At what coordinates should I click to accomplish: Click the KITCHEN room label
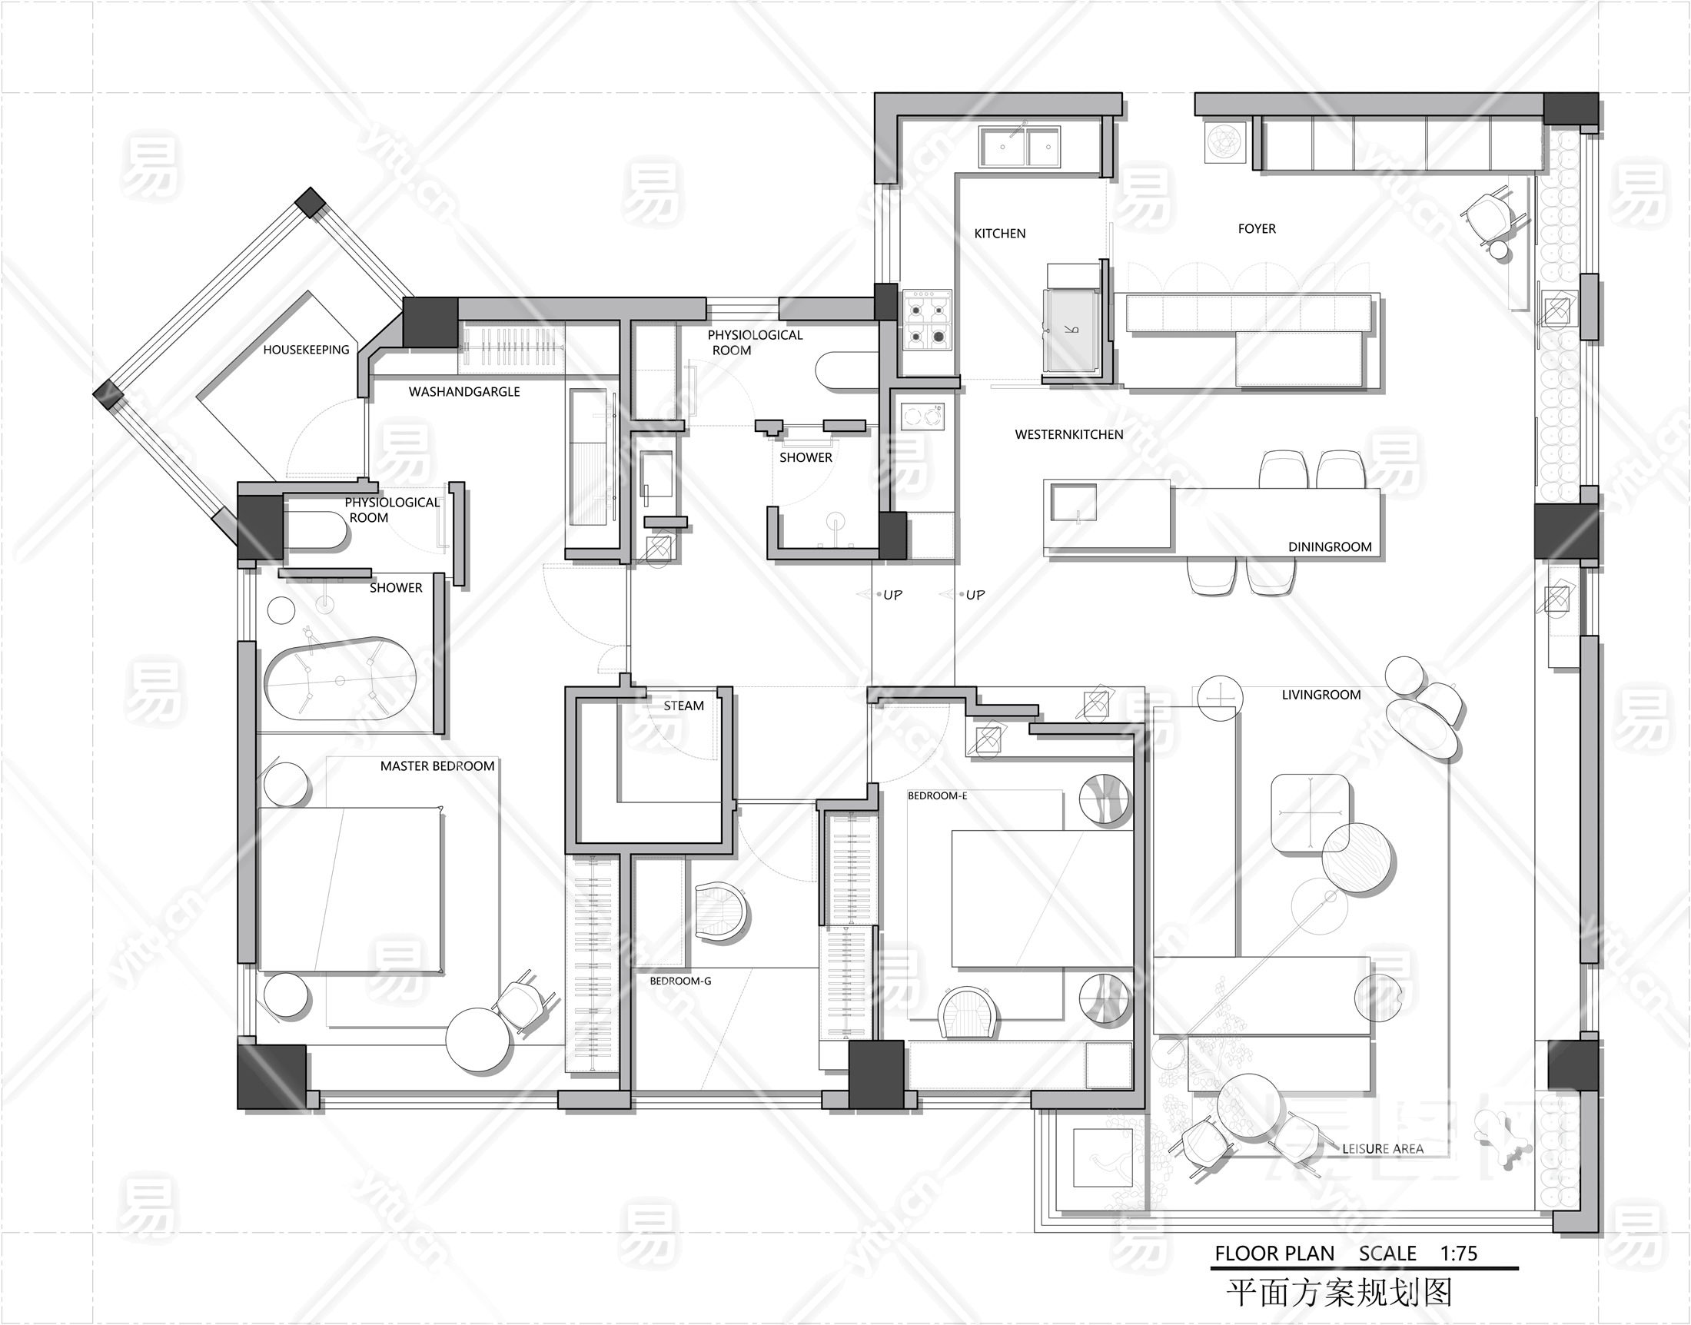(999, 234)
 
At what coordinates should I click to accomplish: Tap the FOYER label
(1257, 229)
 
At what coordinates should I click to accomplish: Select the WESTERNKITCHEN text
(1069, 435)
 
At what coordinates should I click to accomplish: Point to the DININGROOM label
(1330, 547)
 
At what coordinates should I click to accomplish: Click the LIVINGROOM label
(1321, 695)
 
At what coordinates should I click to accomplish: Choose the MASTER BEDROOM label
(437, 766)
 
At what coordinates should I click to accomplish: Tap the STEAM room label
(683, 706)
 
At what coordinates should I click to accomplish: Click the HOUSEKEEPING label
(307, 350)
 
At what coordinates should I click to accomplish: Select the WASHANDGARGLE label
(463, 392)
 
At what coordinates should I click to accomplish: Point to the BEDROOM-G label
(680, 981)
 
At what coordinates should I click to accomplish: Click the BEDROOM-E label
(937, 796)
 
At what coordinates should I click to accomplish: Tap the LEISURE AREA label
(1383, 1149)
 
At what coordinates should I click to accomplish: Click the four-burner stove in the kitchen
(927, 319)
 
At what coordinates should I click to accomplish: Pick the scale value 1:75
(1458, 1254)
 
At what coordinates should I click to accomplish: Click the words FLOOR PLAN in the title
(1274, 1254)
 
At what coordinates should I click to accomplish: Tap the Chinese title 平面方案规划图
(1338, 1293)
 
